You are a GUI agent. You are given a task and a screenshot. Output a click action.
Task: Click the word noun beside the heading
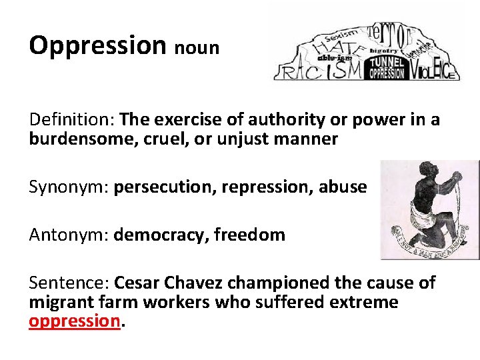click(198, 49)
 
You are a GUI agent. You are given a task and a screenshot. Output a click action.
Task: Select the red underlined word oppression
click(74, 321)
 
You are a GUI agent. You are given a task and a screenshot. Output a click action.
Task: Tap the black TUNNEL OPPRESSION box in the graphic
click(386, 67)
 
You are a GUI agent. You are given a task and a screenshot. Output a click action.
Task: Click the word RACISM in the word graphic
click(320, 70)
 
